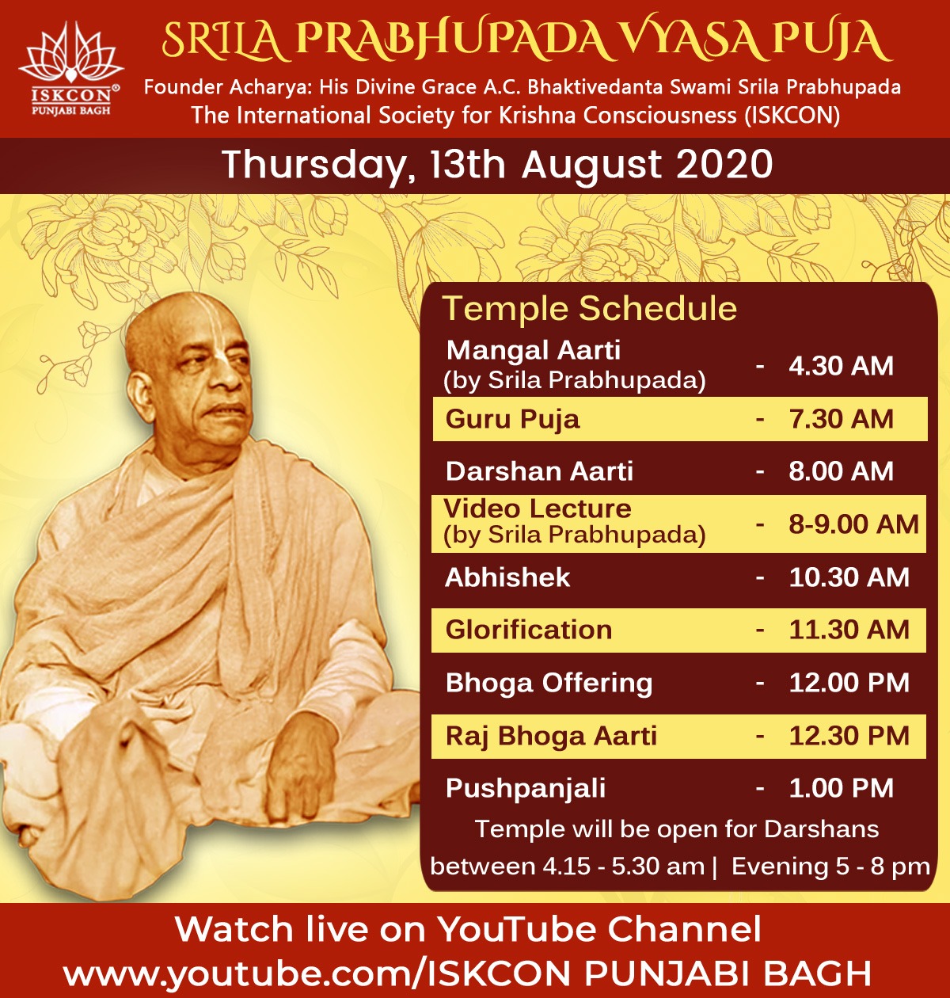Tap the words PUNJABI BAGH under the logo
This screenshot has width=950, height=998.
[71, 111]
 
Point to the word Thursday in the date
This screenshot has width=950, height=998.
[314, 165]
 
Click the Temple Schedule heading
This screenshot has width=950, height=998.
[590, 308]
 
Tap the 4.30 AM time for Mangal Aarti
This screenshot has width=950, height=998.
[841, 366]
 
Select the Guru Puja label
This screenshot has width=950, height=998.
[512, 420]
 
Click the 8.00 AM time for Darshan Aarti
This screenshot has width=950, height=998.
[841, 471]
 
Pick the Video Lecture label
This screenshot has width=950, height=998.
[538, 509]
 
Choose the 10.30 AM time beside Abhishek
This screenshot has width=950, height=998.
[849, 577]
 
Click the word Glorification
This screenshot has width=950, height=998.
[529, 630]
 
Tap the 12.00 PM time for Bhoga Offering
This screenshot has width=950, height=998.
[849, 683]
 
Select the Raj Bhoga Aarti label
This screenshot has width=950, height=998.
[551, 737]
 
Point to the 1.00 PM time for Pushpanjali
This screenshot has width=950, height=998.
[841, 788]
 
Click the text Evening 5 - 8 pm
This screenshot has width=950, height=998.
[830, 867]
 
